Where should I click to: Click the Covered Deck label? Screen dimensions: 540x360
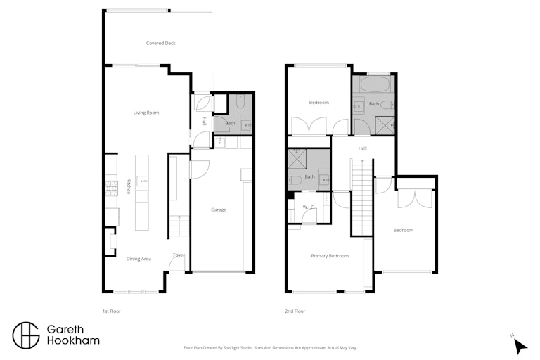click(x=161, y=43)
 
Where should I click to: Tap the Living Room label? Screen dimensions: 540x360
click(x=146, y=112)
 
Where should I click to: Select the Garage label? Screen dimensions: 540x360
click(x=219, y=210)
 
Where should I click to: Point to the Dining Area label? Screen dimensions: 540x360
click(x=139, y=259)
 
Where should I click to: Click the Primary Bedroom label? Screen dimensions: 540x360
click(x=330, y=256)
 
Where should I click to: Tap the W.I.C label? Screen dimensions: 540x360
click(x=308, y=207)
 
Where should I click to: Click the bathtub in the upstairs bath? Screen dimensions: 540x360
click(x=374, y=84)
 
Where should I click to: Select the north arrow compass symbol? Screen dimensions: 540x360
click(x=520, y=345)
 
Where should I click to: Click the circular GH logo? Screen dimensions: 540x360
click(x=26, y=335)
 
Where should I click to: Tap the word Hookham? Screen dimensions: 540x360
click(x=73, y=341)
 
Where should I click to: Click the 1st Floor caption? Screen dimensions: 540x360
click(x=112, y=311)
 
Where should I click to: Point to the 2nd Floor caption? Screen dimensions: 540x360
click(x=295, y=311)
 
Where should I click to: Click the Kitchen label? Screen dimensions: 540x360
click(x=129, y=186)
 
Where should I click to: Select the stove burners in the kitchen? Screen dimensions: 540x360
click(x=111, y=188)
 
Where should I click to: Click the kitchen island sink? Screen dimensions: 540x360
click(x=142, y=181)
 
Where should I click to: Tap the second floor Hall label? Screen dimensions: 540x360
click(x=362, y=148)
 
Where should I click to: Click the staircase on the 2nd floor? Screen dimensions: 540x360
click(x=362, y=198)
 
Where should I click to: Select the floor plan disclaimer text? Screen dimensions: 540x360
click(x=270, y=348)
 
